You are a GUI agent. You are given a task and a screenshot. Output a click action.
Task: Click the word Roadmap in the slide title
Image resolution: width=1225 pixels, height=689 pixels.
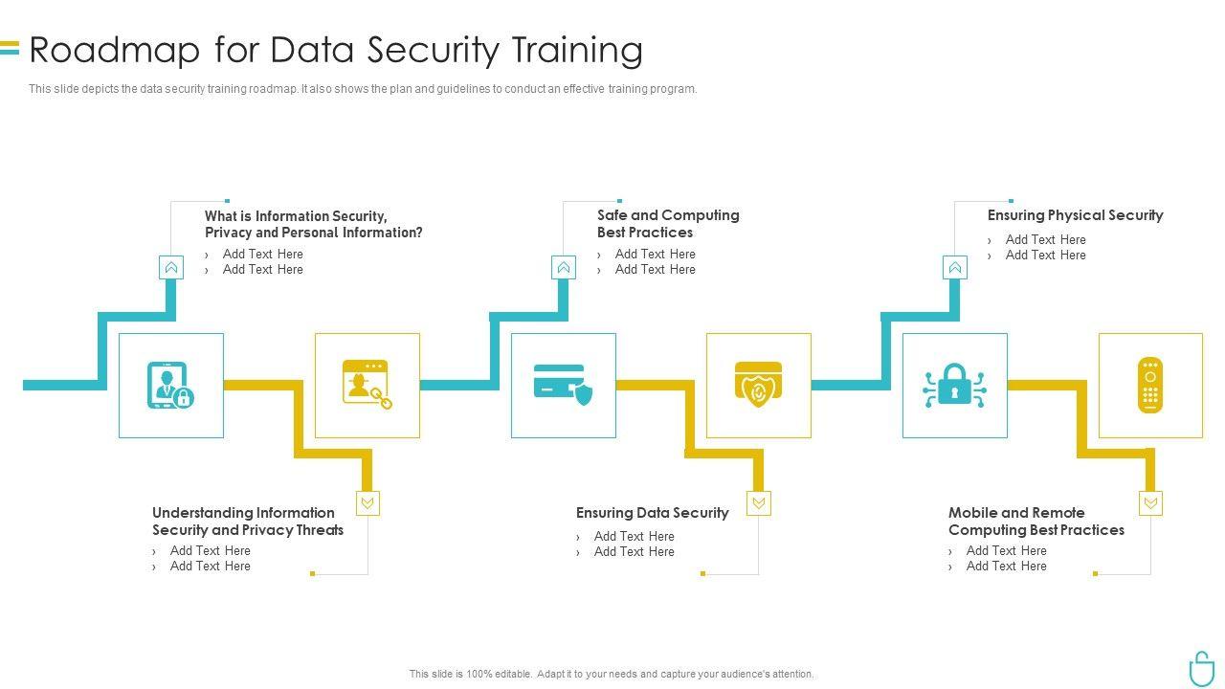(x=115, y=50)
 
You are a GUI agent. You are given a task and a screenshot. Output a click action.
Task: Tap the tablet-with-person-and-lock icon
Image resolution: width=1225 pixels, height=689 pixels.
(x=170, y=386)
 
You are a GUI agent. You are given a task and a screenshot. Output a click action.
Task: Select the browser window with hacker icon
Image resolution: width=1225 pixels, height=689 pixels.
(x=367, y=385)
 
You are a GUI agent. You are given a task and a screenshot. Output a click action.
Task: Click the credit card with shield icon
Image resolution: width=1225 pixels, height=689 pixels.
(x=563, y=385)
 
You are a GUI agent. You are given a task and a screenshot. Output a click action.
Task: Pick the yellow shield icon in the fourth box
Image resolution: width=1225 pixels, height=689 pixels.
(x=758, y=385)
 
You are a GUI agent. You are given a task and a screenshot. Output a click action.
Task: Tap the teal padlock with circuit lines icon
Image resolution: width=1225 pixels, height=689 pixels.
(x=954, y=385)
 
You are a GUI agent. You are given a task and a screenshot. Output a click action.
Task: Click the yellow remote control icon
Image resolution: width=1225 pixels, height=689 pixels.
(x=1150, y=385)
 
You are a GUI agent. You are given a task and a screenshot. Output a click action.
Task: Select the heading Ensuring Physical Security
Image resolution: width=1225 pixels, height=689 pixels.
(x=1075, y=215)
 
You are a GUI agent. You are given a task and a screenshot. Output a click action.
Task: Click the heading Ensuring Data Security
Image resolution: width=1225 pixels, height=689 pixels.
(x=652, y=513)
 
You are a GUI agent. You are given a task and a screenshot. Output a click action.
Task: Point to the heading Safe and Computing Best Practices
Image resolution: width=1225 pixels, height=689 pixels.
(x=668, y=224)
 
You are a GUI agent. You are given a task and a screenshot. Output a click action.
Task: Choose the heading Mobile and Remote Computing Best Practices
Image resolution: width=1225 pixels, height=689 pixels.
(x=1036, y=522)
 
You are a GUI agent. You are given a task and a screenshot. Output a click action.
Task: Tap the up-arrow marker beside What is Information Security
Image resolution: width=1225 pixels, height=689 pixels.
(x=171, y=268)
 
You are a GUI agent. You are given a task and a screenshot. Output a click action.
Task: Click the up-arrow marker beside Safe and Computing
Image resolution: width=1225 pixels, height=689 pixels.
(x=564, y=268)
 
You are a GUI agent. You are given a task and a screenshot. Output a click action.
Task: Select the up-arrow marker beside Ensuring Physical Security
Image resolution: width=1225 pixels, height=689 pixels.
(x=955, y=268)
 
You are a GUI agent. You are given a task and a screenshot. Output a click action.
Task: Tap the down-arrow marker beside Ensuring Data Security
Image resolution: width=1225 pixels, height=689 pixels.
(x=759, y=503)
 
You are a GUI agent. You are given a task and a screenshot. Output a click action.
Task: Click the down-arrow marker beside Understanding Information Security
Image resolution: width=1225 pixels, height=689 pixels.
(x=367, y=503)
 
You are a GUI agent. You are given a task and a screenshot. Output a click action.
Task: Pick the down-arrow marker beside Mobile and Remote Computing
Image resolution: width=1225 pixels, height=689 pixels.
(x=1150, y=503)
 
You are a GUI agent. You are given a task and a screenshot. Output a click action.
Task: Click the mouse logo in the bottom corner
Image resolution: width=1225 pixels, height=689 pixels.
(x=1201, y=668)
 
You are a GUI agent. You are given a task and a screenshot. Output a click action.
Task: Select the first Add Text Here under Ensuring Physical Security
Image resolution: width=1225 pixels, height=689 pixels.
(x=1045, y=240)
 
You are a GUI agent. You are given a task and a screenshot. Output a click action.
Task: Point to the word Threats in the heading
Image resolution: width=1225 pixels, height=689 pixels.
(x=319, y=530)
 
